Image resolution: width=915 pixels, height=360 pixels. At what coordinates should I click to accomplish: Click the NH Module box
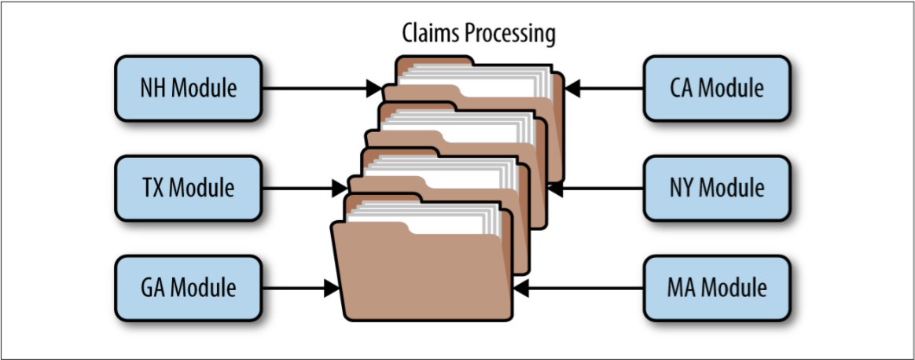(x=188, y=88)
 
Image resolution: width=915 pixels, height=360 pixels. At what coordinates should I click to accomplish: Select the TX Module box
(x=188, y=188)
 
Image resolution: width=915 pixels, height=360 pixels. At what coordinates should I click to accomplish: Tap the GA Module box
(x=188, y=288)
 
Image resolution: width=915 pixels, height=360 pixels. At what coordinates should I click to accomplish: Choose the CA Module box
(x=716, y=88)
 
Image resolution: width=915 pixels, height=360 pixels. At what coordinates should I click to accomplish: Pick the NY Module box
(x=716, y=188)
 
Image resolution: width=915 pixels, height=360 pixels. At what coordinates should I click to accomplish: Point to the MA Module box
(x=716, y=288)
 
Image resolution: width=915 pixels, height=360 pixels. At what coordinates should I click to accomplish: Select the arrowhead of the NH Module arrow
(x=374, y=88)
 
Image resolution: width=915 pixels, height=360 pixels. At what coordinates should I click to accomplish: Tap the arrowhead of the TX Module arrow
(x=340, y=188)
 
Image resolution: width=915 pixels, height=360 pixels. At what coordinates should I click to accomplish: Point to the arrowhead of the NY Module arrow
(x=556, y=188)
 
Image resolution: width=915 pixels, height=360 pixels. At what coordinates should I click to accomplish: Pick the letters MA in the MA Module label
(x=681, y=288)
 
